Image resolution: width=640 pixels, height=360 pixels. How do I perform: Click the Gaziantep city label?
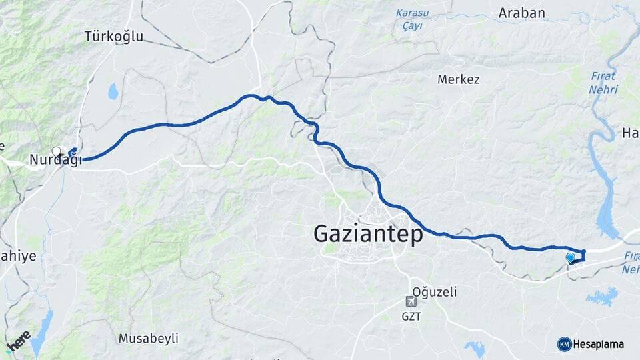[367, 234]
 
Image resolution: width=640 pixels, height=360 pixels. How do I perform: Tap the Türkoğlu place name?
[114, 37]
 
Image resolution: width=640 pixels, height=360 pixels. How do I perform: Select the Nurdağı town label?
[55, 160]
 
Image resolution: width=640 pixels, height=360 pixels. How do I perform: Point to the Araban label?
[521, 13]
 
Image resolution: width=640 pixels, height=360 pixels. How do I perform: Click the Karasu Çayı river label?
[413, 19]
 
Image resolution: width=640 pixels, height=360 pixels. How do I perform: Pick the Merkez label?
[458, 79]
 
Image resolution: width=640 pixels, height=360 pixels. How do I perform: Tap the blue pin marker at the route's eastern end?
[570, 257]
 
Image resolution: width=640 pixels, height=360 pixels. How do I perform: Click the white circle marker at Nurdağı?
[57, 151]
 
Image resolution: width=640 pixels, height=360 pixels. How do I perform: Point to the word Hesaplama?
[599, 345]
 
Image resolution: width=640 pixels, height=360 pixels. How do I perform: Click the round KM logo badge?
[564, 344]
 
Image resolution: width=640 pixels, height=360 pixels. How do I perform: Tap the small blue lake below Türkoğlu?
[113, 91]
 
